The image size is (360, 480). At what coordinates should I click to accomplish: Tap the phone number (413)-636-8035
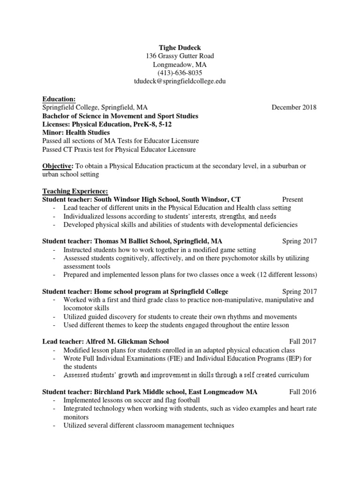pos(180,73)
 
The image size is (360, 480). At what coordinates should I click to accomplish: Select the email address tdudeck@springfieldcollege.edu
pos(180,81)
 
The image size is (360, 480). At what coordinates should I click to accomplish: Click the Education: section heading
pos(59,99)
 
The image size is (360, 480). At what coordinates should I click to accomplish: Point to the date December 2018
pos(294,107)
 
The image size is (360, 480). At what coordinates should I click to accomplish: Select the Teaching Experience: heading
pos(75,191)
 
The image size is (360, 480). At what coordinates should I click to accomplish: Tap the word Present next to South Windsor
pos(292,200)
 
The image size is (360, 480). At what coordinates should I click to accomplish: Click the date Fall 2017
pos(303,341)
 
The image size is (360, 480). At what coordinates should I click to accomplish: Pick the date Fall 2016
pos(303,392)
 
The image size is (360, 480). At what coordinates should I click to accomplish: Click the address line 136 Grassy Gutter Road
pos(180,56)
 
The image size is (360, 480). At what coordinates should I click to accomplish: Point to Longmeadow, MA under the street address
pos(180,64)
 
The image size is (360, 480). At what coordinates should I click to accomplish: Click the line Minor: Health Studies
pos(76,133)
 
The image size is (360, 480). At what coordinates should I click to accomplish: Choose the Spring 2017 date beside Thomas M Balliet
pos(300,241)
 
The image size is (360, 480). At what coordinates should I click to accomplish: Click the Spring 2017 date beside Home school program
pos(300,292)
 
